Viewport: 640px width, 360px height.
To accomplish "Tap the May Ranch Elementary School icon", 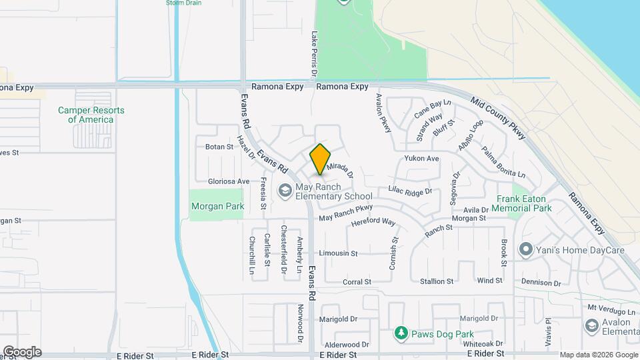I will [x=285, y=191].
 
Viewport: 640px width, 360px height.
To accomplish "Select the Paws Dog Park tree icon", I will [x=401, y=332].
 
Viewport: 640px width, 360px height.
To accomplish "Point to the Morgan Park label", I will [x=217, y=207].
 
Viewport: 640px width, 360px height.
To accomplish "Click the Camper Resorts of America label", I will [x=91, y=115].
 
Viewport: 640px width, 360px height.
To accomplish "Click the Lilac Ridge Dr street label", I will [x=411, y=191].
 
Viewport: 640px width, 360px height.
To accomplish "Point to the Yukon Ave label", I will [x=421, y=159].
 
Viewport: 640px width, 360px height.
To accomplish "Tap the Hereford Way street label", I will [x=373, y=222].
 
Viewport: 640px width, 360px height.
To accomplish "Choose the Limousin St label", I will [x=338, y=253].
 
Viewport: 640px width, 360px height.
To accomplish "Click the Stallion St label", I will [x=437, y=281].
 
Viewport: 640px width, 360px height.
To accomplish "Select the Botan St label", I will [x=219, y=147].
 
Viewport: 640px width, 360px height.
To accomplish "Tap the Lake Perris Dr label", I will [x=313, y=53].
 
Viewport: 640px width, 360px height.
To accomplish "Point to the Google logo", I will [x=22, y=352].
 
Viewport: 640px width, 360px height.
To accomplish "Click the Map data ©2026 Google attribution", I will [x=599, y=355].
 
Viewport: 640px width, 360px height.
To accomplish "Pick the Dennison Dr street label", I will [x=541, y=283].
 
